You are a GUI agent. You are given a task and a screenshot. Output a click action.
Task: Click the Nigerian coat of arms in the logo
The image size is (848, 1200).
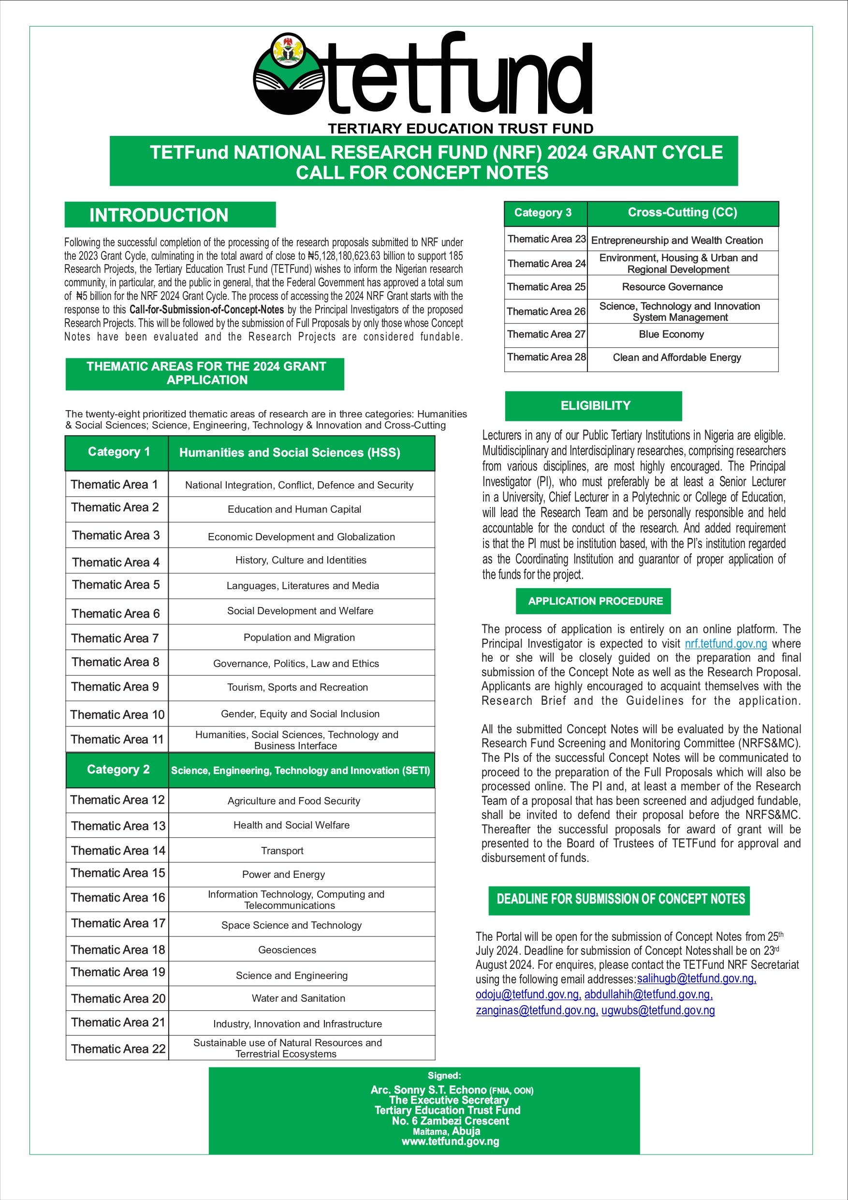[x=289, y=51]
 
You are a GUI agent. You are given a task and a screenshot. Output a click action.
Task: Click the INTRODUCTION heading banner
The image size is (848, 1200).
[x=170, y=215]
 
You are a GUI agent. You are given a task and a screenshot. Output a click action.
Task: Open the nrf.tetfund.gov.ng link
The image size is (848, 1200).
[x=726, y=643]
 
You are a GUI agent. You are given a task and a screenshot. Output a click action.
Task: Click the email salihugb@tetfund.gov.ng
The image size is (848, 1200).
[x=696, y=978]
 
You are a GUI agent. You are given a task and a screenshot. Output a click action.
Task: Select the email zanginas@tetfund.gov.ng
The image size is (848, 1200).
[x=536, y=1010]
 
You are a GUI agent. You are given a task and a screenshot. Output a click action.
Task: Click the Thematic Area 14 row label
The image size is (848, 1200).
[x=117, y=850]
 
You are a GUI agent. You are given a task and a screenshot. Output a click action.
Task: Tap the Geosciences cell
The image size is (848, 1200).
[x=287, y=949]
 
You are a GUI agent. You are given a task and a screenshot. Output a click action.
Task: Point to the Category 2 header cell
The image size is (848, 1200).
[x=118, y=770]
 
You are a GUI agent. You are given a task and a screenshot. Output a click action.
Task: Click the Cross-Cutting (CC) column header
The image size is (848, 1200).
[x=682, y=213]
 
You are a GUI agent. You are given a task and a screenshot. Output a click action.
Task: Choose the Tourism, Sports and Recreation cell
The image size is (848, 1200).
[x=297, y=687]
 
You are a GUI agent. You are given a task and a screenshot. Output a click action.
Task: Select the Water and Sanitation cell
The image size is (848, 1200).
[x=298, y=998]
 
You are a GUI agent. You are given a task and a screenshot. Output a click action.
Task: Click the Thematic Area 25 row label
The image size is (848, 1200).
[x=546, y=287]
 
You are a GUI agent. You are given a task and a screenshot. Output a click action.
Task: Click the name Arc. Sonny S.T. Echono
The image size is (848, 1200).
[x=428, y=1090]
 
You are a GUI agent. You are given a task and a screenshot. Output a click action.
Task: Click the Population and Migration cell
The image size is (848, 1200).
[x=299, y=637]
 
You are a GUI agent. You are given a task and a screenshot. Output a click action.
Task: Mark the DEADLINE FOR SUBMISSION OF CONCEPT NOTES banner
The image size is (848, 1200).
[x=620, y=899]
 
